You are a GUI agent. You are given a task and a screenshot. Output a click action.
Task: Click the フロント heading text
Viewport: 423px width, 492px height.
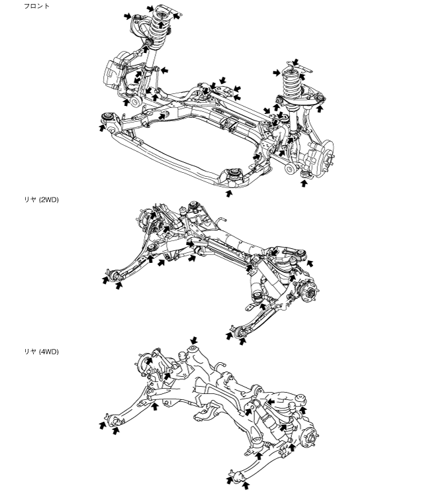(36, 6)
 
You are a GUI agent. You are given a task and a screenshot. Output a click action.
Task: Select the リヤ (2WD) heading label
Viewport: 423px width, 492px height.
(41, 199)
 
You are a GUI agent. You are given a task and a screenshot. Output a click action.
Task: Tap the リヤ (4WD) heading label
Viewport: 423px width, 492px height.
(41, 352)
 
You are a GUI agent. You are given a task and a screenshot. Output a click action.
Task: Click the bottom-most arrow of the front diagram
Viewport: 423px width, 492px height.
(229, 193)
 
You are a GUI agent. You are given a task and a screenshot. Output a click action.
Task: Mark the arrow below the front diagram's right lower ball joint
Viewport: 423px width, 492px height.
(304, 183)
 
